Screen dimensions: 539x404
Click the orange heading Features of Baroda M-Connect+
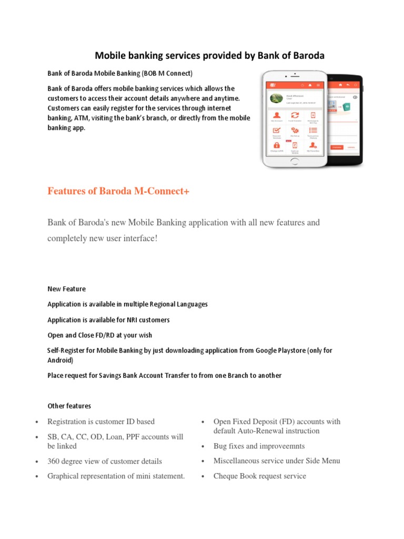[x=118, y=192]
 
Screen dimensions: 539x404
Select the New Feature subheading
[x=66, y=289]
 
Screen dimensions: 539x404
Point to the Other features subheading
[x=69, y=406]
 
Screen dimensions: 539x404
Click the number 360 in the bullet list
[x=54, y=461]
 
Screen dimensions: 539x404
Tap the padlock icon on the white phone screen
[x=276, y=144]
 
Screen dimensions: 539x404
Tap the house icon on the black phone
[x=341, y=84]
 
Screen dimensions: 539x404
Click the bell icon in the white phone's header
[x=310, y=85]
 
